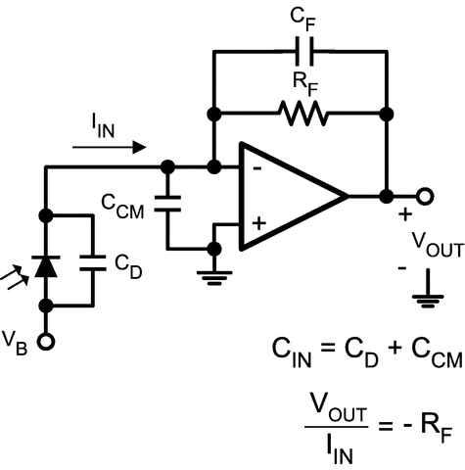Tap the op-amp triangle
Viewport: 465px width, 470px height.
289,195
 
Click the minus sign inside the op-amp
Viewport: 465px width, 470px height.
256,168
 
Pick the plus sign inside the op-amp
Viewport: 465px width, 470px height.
257,223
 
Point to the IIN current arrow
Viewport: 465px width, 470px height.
111,147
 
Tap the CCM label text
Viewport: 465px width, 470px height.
124,204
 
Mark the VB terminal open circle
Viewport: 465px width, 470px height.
45,342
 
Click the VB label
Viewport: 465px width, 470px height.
17,342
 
